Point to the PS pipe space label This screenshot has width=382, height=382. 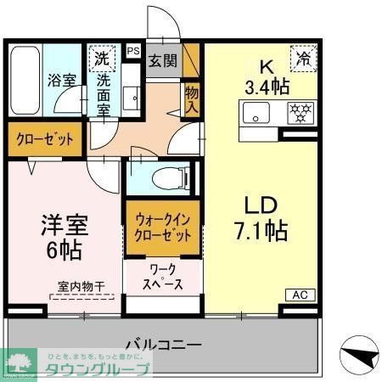click(132, 51)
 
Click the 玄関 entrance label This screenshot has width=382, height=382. click(163, 61)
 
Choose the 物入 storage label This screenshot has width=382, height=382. click(191, 99)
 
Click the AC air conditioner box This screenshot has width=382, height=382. click(300, 295)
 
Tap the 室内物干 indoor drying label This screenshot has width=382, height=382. click(81, 289)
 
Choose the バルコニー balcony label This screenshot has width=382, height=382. click(163, 345)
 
